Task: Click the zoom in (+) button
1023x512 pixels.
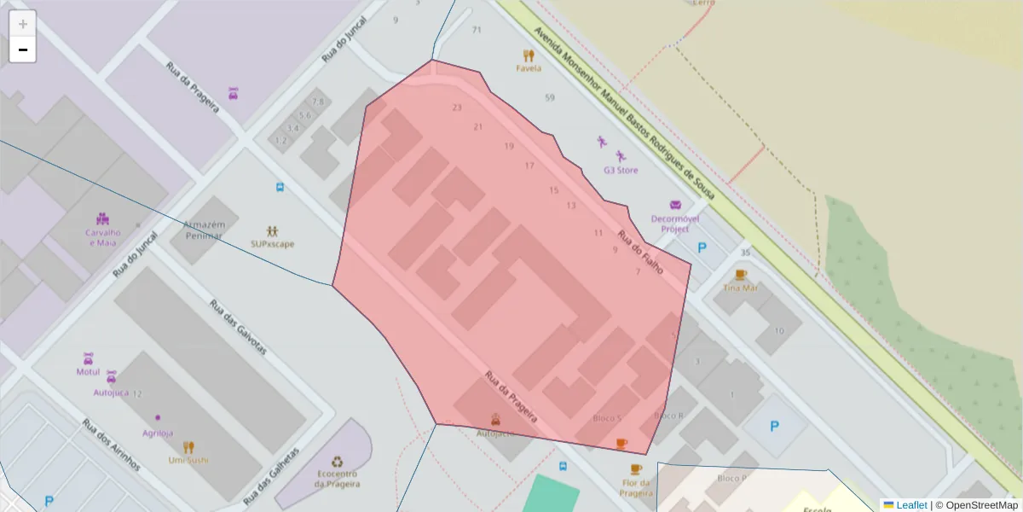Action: [x=22, y=24]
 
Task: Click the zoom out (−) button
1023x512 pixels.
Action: [x=22, y=49]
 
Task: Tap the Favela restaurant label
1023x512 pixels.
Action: [x=529, y=68]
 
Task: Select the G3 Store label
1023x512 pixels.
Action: [x=621, y=170]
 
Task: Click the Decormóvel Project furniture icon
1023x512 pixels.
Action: [x=676, y=205]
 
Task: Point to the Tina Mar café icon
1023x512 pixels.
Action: [x=740, y=275]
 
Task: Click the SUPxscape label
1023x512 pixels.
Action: [x=273, y=244]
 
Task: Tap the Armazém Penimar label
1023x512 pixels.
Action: [x=203, y=230]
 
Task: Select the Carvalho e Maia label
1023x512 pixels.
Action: [x=102, y=237]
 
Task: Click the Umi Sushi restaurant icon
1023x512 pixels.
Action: [x=188, y=446]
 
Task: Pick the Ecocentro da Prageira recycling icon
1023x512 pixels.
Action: [x=337, y=462]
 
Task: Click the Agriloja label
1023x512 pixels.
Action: [x=158, y=433]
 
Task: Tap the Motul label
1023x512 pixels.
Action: [x=88, y=372]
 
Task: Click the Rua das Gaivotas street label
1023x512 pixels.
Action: [x=238, y=327]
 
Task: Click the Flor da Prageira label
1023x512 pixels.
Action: [x=636, y=488]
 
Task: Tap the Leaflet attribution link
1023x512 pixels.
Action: [x=911, y=505]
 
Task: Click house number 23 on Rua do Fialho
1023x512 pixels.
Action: [x=457, y=108]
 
